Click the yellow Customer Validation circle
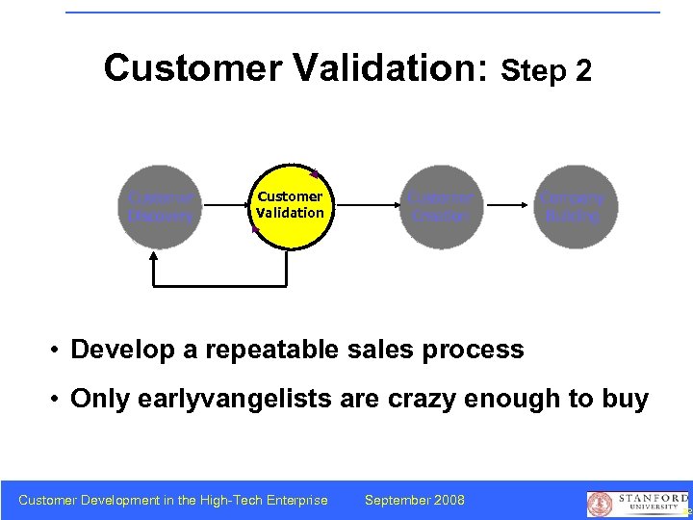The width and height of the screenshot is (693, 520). (x=289, y=206)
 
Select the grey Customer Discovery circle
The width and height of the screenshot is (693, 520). (x=161, y=206)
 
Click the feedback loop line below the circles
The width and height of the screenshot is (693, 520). (x=219, y=286)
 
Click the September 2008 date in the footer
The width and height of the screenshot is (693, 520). (x=415, y=500)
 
